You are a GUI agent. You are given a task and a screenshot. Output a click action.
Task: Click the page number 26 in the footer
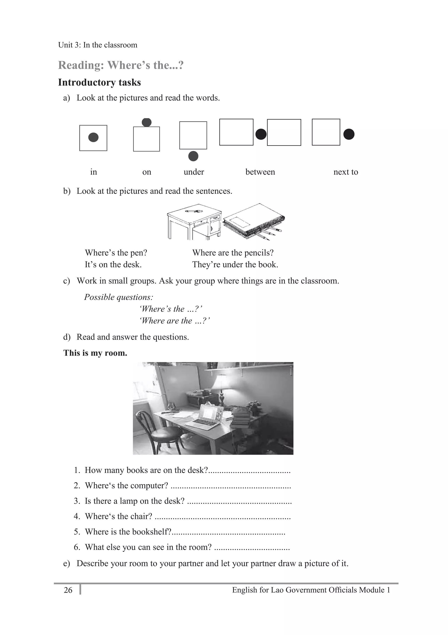68,590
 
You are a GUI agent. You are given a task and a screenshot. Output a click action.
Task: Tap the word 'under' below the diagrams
194,172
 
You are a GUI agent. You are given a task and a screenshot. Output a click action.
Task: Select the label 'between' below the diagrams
260,172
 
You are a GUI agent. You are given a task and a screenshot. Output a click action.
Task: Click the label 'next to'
345,172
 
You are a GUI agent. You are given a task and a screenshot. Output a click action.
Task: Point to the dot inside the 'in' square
93,137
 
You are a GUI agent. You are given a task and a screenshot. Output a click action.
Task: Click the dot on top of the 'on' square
147,122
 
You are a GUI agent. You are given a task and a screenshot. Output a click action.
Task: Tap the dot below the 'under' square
193,156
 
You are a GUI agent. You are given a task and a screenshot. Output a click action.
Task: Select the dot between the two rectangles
261,135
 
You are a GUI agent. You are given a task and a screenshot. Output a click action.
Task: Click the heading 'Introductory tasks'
99,82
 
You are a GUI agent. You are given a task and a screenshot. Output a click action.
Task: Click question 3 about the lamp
134,501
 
